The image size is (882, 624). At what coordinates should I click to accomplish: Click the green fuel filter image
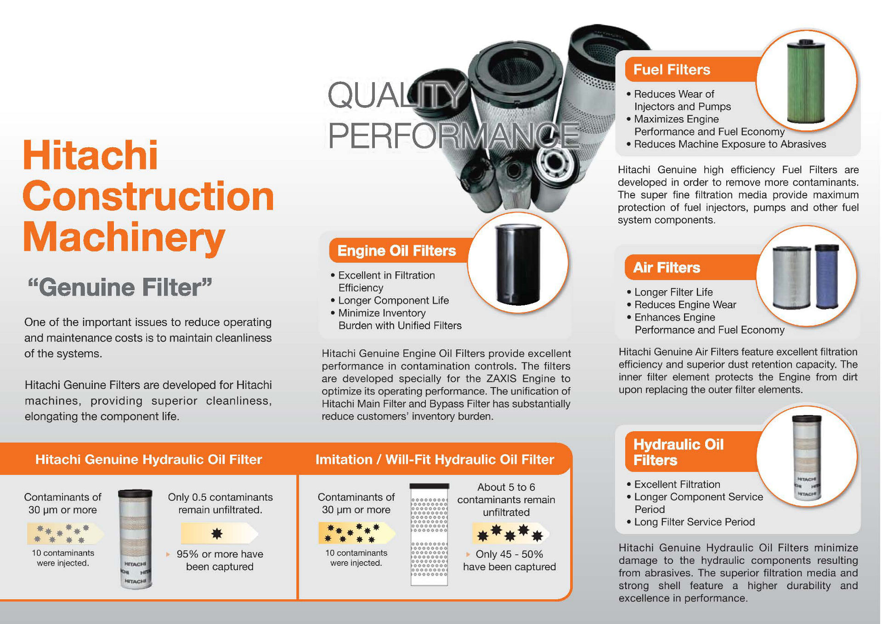coord(806,82)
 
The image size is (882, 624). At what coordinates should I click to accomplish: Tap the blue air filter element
coord(827,276)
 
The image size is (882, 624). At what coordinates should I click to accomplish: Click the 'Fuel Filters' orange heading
coord(672,70)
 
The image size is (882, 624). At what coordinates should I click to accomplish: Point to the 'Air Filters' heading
coord(667,268)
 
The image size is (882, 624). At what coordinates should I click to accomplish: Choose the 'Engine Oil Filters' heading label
coord(396,251)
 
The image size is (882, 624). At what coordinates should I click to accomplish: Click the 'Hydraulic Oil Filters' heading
coord(678,452)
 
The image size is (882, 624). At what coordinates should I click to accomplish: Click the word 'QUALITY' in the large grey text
coord(396,96)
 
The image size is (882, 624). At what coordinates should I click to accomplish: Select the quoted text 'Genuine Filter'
coord(119,287)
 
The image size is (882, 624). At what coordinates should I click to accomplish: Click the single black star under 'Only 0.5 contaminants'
coord(217,533)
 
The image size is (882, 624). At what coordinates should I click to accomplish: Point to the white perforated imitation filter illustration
coord(429,534)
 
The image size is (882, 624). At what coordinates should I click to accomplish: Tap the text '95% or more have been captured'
coord(220,560)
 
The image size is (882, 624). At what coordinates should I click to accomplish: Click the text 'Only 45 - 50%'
coord(509,554)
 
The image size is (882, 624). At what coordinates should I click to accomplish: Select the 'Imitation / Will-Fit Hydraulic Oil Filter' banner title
coord(435,460)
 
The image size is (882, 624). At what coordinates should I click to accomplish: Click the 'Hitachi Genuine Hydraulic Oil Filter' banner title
coord(148,460)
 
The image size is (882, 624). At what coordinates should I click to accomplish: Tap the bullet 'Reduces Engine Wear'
coord(685,305)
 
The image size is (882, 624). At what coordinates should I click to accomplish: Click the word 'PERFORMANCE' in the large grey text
coord(453,136)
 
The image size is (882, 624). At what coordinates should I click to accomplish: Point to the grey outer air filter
coord(791,278)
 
